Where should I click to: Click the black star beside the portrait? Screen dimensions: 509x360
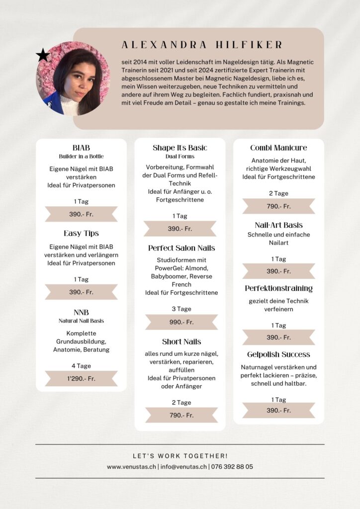[x=43, y=55]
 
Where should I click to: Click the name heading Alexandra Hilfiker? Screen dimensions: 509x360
[x=202, y=45]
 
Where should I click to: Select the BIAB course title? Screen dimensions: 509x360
[x=81, y=148]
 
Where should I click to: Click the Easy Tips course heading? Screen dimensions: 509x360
[x=81, y=233]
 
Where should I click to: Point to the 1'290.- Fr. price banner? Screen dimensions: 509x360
[x=81, y=378]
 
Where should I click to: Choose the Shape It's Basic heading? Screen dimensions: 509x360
[x=180, y=148]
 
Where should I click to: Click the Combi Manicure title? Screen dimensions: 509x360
[x=278, y=148]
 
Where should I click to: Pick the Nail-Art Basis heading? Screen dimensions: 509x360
[x=278, y=225]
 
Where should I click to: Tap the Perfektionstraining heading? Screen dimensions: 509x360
[x=278, y=288]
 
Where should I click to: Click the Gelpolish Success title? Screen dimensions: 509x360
[x=278, y=354]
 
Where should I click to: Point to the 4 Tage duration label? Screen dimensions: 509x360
[x=81, y=366]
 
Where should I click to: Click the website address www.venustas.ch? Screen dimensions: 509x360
[x=131, y=467]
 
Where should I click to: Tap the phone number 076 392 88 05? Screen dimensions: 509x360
[x=232, y=467]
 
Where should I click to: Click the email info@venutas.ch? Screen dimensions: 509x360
[x=183, y=467]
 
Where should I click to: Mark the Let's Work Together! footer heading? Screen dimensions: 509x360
[x=180, y=456]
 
